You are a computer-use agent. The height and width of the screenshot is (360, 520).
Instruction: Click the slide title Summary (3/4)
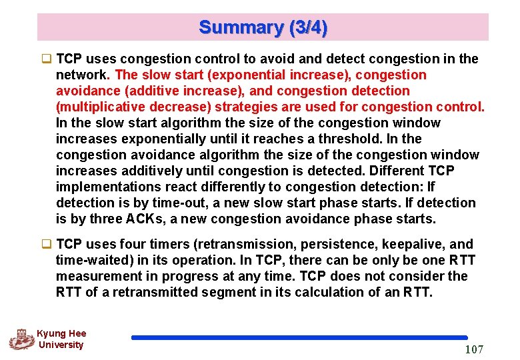click(x=263, y=27)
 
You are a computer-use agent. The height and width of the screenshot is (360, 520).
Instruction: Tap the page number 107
click(x=473, y=349)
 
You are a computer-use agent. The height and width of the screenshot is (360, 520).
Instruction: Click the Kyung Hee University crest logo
click(x=21, y=339)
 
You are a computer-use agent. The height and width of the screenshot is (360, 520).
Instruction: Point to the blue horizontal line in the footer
click(x=299, y=338)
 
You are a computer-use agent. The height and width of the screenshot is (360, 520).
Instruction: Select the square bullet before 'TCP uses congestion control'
click(x=48, y=59)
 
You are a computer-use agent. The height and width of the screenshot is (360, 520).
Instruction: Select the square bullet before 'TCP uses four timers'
click(x=48, y=245)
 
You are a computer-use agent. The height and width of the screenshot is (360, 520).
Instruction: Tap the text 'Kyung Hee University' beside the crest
click(x=61, y=339)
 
